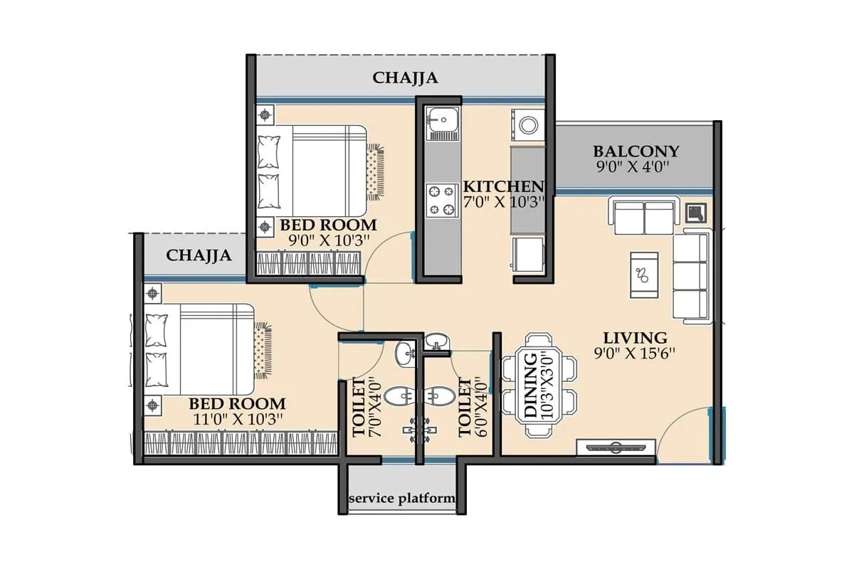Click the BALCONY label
tap(636, 151)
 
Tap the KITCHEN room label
tap(504, 186)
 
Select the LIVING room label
tap(635, 338)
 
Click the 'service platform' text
tap(402, 499)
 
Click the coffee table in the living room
tap(644, 274)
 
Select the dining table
tap(539, 385)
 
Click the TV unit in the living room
tap(616, 447)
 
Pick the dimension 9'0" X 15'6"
tap(635, 352)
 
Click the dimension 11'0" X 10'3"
tap(237, 420)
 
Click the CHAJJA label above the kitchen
tap(405, 78)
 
